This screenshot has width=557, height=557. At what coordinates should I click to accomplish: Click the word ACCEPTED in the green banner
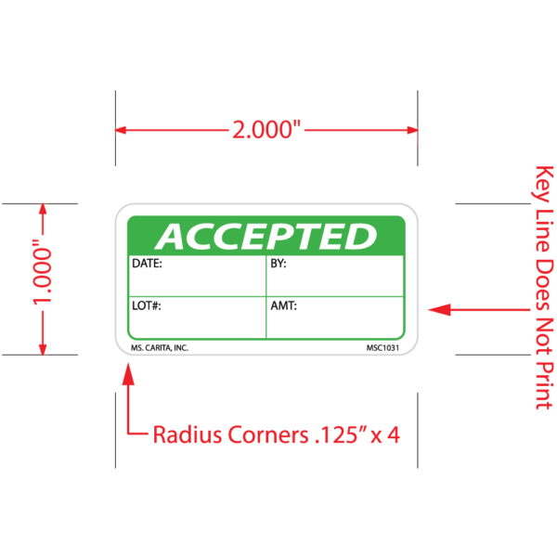pyautogui.click(x=266, y=237)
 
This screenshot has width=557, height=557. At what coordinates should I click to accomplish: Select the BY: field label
pyautogui.click(x=278, y=264)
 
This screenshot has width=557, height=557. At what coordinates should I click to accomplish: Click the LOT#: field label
pyautogui.click(x=148, y=304)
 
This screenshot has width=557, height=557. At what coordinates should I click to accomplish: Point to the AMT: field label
pyautogui.click(x=283, y=304)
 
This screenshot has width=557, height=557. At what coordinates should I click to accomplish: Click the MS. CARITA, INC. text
pyautogui.click(x=160, y=347)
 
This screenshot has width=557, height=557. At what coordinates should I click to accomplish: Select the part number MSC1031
pyautogui.click(x=384, y=347)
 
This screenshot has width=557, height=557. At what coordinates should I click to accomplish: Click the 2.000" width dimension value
pyautogui.click(x=266, y=130)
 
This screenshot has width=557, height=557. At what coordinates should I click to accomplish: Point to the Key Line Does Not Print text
pyautogui.click(x=544, y=288)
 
